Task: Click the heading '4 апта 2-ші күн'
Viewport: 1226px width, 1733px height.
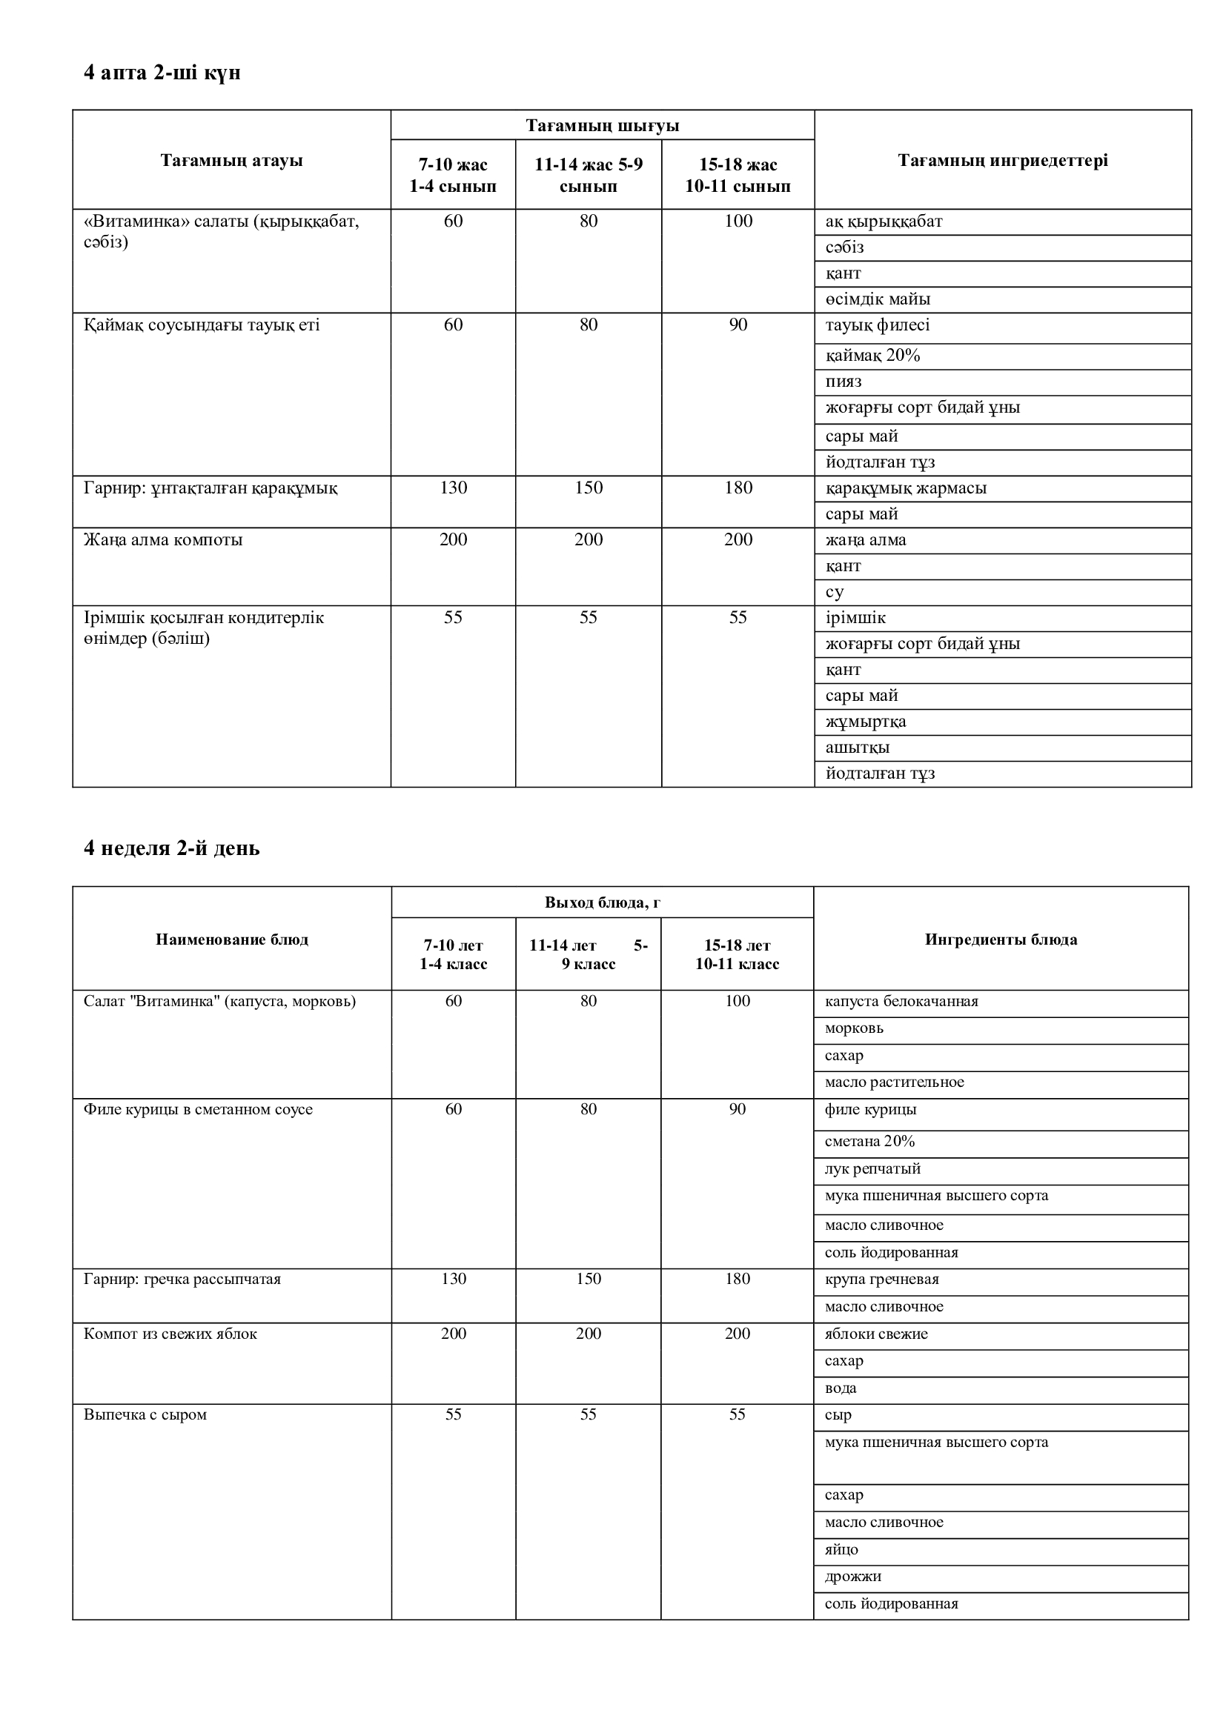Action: pyautogui.click(x=162, y=73)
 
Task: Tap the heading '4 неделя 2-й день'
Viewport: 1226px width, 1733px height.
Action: pyautogui.click(x=171, y=848)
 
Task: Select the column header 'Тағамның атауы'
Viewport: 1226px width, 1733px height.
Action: pyautogui.click(x=231, y=160)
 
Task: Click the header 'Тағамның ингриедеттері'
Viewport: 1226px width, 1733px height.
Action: pyautogui.click(x=1003, y=160)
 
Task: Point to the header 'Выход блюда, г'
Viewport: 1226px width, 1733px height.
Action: pyautogui.click(x=603, y=902)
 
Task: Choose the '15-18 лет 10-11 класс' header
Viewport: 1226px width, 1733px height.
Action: pyautogui.click(x=737, y=954)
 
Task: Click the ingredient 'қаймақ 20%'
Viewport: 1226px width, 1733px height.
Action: pyautogui.click(x=872, y=356)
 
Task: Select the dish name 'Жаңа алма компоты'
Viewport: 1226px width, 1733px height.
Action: pyautogui.click(x=163, y=539)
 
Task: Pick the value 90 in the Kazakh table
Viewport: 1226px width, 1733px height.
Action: pyautogui.click(x=738, y=325)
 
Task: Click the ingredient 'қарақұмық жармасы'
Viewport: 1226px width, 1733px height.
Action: pyautogui.click(x=906, y=488)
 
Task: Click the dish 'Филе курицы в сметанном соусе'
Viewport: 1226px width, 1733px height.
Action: pyautogui.click(x=198, y=1110)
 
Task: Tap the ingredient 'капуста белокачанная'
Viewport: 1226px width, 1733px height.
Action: pyautogui.click(x=901, y=1002)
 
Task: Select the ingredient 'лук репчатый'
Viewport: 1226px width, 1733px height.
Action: pyautogui.click(x=872, y=1169)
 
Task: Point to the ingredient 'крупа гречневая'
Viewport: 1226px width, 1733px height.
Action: pyautogui.click(x=882, y=1280)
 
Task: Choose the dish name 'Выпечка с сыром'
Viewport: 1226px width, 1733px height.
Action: pyautogui.click(x=145, y=1415)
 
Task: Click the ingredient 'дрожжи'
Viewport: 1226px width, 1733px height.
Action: pyautogui.click(x=853, y=1577)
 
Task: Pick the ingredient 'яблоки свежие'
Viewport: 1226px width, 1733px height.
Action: pyautogui.click(x=875, y=1334)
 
